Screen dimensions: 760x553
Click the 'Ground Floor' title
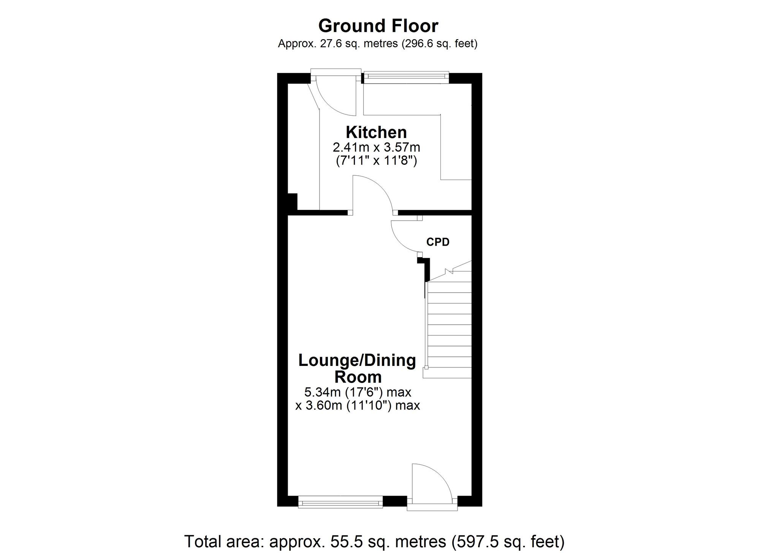[378, 26]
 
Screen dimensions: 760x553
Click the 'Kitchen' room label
[376, 132]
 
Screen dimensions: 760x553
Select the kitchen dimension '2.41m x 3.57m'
[376, 147]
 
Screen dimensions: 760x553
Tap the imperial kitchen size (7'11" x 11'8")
[376, 161]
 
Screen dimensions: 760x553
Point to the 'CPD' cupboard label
[438, 242]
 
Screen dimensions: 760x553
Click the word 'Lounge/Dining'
[357, 361]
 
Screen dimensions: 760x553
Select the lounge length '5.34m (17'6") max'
[358, 391]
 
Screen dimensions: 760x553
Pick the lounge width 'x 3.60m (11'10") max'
[358, 405]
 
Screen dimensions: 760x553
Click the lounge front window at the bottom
[340, 502]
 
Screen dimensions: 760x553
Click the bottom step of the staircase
[447, 373]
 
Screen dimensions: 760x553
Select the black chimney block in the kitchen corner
[292, 202]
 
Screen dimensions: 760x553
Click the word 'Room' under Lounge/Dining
[358, 377]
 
